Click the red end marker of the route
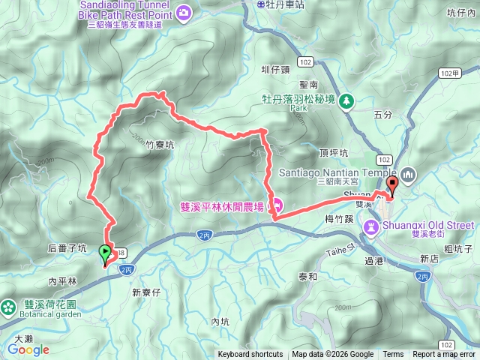click(x=391, y=187)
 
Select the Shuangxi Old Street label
click(x=430, y=225)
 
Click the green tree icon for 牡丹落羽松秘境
click(x=346, y=101)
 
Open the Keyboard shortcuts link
click(x=250, y=355)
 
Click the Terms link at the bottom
click(x=393, y=355)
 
